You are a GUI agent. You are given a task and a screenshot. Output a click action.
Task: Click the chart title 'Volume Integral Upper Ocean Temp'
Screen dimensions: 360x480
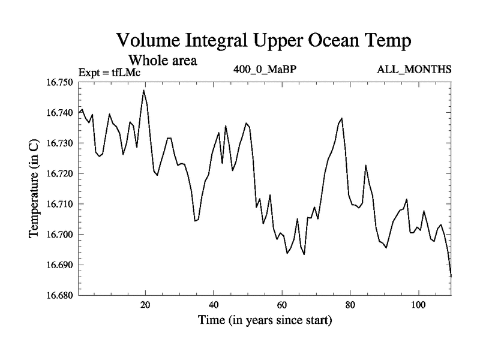263,41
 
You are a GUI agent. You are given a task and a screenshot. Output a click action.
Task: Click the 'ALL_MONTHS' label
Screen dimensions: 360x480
414,69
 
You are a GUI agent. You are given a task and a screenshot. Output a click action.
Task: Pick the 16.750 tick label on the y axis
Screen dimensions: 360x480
58,82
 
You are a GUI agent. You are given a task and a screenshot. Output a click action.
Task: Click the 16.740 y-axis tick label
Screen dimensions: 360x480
58,113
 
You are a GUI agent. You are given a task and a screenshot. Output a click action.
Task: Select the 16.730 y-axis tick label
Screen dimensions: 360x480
58,143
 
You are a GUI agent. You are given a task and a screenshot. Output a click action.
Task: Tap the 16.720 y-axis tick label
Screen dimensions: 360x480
58,173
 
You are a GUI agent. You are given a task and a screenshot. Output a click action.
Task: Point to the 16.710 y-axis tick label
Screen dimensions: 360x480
58,204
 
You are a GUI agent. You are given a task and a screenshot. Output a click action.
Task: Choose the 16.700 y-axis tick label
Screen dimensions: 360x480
58,235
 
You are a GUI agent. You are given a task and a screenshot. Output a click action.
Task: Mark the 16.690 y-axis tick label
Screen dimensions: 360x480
58,265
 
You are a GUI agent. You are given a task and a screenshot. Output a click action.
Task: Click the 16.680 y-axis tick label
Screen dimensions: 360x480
58,295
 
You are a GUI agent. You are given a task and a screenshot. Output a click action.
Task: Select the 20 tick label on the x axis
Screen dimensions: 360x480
145,305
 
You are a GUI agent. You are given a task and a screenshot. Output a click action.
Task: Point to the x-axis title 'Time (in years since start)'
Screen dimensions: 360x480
265,320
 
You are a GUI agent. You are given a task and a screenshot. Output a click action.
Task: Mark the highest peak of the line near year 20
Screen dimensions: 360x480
143,90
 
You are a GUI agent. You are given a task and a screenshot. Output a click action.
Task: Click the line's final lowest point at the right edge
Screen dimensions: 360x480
451,276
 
